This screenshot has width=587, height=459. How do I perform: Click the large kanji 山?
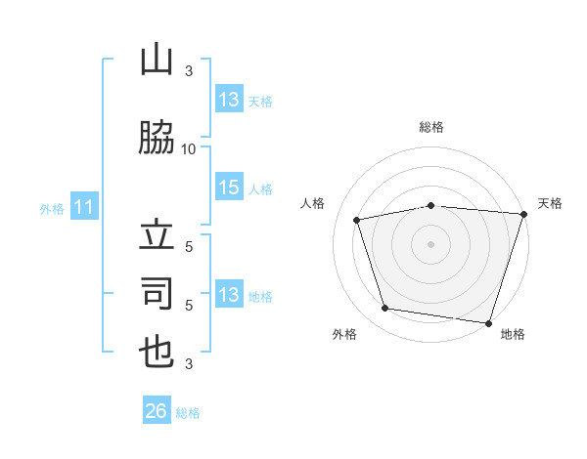tap(157, 59)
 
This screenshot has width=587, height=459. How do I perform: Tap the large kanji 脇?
tap(157, 137)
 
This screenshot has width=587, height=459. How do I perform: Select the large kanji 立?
tap(157, 234)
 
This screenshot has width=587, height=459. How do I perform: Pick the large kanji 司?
tap(157, 293)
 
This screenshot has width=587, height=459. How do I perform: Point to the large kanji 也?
tap(157, 353)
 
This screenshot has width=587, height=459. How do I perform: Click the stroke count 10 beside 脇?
tap(188, 149)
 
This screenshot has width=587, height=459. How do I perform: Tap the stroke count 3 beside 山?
tap(189, 71)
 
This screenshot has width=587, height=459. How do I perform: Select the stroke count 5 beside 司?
tap(189, 306)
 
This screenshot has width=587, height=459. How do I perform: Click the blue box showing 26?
tap(157, 409)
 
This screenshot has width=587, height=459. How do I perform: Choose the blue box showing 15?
tap(229, 187)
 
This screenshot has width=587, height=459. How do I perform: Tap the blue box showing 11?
tap(84, 206)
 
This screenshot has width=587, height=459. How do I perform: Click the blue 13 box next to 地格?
tap(229, 293)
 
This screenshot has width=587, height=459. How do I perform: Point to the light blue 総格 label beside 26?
tap(188, 413)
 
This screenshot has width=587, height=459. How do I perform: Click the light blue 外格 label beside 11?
tap(52, 209)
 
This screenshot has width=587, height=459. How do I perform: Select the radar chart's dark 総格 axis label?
tap(431, 127)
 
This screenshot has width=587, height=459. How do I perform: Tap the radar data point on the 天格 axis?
tap(524, 214)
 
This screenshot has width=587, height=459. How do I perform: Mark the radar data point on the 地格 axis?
tap(488, 323)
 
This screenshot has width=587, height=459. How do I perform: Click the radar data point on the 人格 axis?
tap(356, 220)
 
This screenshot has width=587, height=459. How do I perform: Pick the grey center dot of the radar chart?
tap(430, 244)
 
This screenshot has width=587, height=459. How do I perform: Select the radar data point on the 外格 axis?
tap(384, 308)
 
